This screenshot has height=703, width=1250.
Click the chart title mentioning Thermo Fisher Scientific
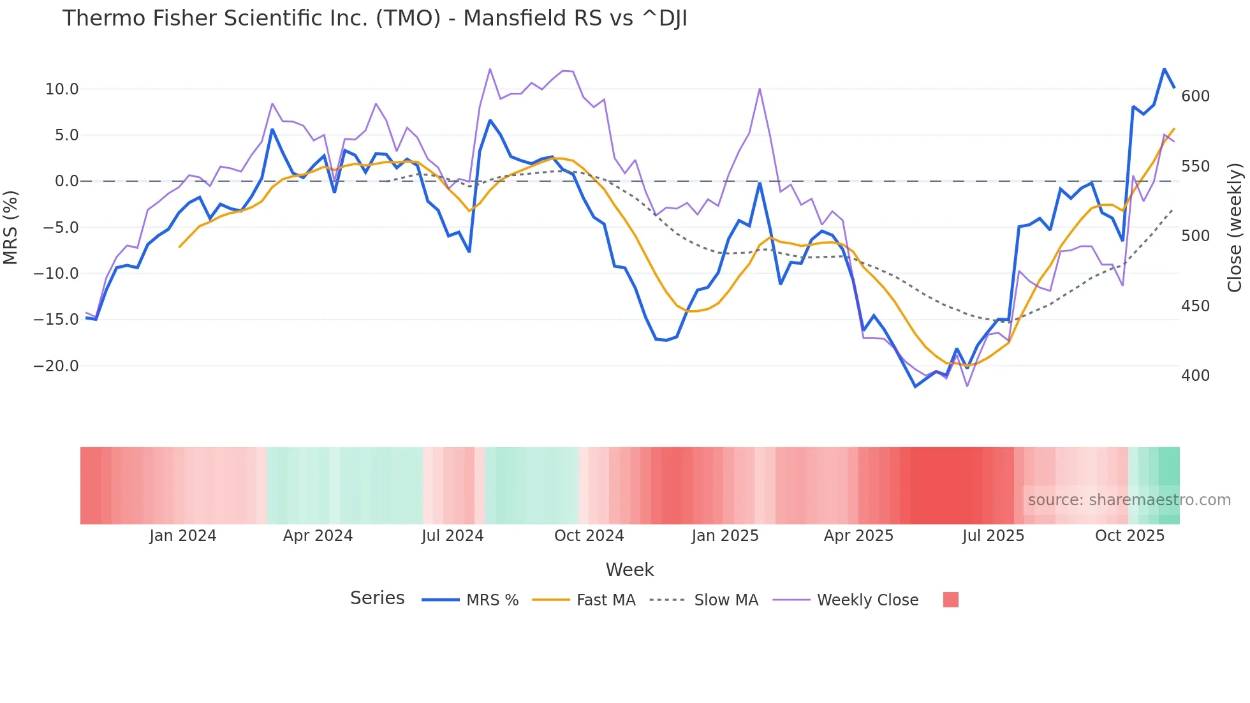(374, 18)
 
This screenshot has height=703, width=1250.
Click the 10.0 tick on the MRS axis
(62, 89)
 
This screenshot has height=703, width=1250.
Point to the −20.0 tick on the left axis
(56, 366)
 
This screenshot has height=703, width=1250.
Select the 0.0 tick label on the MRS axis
(66, 181)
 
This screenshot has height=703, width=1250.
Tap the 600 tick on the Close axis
(1195, 96)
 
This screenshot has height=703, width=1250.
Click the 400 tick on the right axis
(1195, 376)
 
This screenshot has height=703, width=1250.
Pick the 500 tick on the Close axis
(1195, 236)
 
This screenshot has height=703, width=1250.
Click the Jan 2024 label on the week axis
(183, 536)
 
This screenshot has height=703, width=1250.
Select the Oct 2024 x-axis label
(589, 536)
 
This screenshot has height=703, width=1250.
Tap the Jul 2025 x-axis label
(993, 536)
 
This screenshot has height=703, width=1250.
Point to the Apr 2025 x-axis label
(858, 536)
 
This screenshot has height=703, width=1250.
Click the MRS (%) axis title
(11, 228)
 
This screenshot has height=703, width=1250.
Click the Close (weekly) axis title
(1235, 228)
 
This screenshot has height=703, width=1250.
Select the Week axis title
(629, 570)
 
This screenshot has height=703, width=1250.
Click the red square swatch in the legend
(950, 600)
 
